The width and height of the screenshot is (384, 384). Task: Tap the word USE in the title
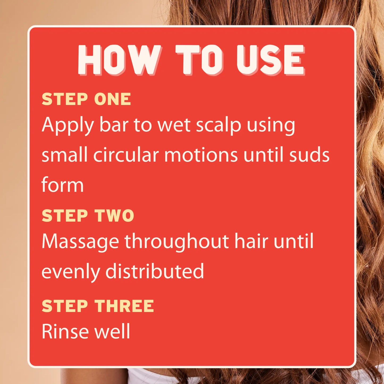coord(271,60)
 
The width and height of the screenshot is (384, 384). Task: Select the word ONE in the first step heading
coord(112,99)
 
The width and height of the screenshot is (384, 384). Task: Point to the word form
coord(62,184)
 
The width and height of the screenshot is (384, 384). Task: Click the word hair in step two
coord(251,241)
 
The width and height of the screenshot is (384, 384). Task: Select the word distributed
coord(155,271)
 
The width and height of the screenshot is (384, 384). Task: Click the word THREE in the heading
coord(124,306)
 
